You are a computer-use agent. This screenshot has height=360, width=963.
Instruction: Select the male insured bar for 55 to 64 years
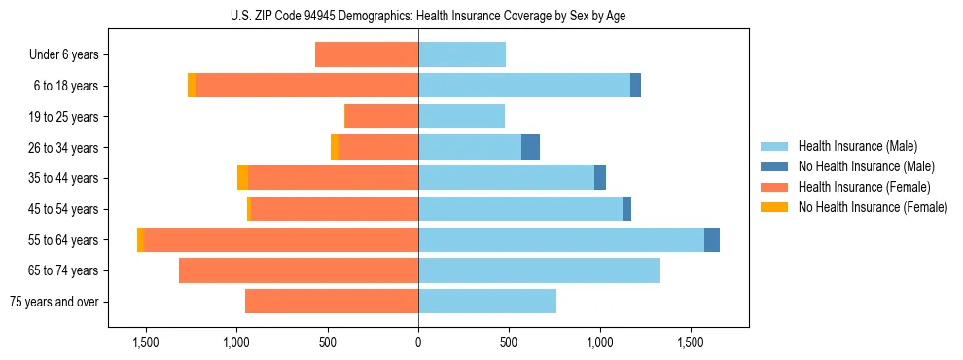tap(560, 239)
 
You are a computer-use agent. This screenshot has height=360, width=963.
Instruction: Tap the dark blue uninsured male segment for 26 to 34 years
tap(530, 147)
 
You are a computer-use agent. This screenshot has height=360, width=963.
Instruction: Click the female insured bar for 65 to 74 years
tap(299, 270)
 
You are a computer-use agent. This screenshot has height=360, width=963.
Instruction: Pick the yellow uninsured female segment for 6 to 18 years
tap(193, 86)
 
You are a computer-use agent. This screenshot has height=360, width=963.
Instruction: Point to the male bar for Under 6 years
tap(462, 54)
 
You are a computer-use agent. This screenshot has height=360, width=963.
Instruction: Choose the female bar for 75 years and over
tap(332, 302)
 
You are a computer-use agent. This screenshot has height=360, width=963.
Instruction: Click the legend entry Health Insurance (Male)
tap(857, 146)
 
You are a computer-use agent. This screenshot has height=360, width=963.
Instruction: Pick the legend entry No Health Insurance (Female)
tap(873, 207)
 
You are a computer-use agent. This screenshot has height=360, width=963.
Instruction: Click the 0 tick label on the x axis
tap(418, 342)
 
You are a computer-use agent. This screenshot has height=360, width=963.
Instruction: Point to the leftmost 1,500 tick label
tap(146, 342)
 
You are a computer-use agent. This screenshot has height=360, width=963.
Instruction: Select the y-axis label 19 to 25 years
tap(64, 117)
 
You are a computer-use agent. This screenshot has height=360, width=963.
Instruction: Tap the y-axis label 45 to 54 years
tap(64, 209)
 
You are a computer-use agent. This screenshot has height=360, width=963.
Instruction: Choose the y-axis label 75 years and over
tap(54, 302)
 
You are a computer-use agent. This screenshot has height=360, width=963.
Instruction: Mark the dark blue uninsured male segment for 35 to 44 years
tap(600, 178)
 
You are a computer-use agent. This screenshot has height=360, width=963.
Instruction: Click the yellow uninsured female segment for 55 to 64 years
tap(141, 239)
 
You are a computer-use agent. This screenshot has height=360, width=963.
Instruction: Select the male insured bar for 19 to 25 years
tap(461, 117)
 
